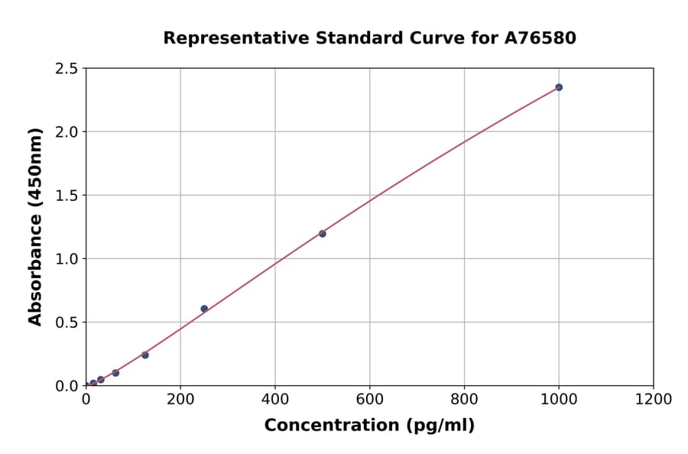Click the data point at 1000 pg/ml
coord(559,87)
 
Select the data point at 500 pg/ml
coord(323,234)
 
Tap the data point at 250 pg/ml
coord(204,309)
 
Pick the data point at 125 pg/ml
coord(145,355)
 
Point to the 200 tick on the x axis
coord(180,399)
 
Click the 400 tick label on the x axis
coord(275,399)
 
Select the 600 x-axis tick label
coord(370,399)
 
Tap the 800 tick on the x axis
coord(464,399)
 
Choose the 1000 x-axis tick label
coord(559,399)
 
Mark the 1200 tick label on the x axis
coord(654,399)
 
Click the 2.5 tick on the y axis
coord(67,69)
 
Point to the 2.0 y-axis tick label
coord(67,132)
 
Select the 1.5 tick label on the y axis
coord(67,196)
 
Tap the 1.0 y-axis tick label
coord(67,259)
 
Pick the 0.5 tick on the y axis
coord(67,323)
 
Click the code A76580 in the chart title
coord(540,37)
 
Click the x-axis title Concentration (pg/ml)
coord(369,426)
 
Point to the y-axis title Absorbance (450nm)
coord(35,227)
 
